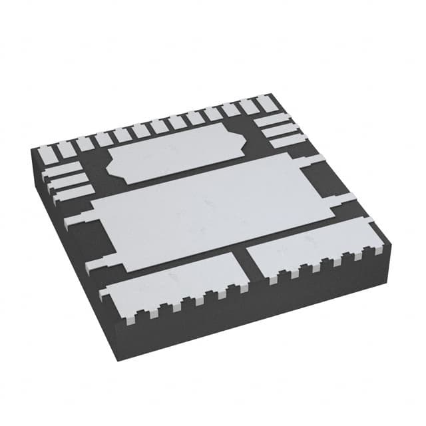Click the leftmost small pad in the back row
tap(50, 152)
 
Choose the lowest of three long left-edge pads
tap(69, 194)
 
